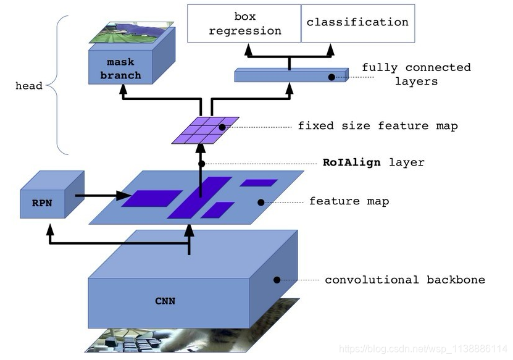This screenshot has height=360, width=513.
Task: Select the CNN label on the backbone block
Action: (165, 301)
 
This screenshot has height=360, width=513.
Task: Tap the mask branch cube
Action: (124, 68)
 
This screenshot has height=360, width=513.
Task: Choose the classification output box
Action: (357, 23)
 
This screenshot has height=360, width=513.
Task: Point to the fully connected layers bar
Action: (290, 77)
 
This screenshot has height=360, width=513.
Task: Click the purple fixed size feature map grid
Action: (206, 130)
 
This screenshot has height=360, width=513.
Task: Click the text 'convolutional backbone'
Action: (405, 280)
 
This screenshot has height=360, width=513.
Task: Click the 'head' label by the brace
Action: (29, 86)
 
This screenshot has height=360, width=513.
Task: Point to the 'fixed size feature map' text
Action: (378, 126)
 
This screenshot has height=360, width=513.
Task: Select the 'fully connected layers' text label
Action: (416, 74)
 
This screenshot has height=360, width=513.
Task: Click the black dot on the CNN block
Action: (277, 280)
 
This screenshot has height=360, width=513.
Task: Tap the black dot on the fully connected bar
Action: (332, 77)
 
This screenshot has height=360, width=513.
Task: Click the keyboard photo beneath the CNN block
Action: (185, 340)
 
